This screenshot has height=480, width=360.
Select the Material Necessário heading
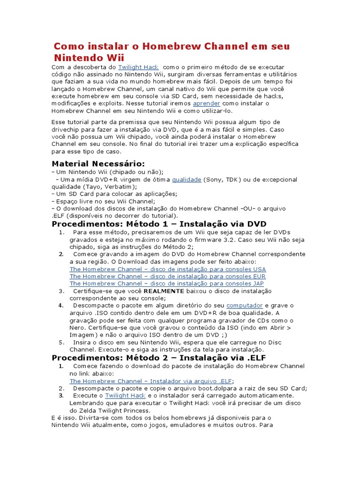tap(98, 164)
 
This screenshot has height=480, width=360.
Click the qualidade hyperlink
tap(187, 180)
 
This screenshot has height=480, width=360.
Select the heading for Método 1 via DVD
tap(159, 224)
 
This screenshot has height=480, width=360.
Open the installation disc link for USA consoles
tap(167, 269)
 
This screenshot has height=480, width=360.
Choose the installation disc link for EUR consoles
tap(167, 277)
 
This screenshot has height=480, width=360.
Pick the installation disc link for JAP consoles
tap(166, 284)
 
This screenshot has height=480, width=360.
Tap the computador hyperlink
tap(245, 306)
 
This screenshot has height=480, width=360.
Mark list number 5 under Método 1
tap(61, 342)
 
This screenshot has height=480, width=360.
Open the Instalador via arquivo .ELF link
tap(150, 381)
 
